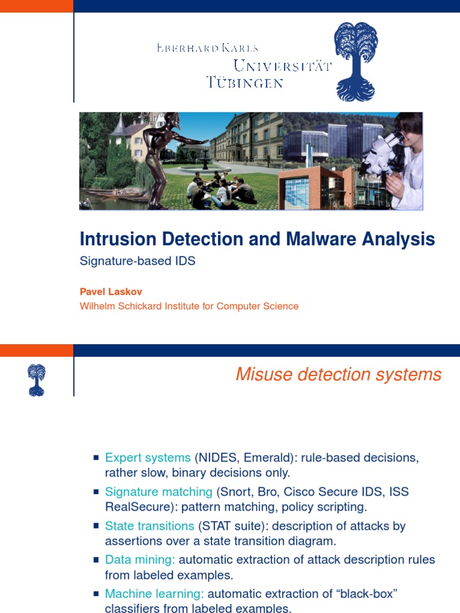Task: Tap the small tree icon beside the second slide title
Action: pyautogui.click(x=36, y=380)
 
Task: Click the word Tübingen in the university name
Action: pyautogui.click(x=244, y=82)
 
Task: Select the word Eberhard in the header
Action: pyautogui.click(x=186, y=48)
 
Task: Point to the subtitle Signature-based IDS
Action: pyautogui.click(x=138, y=262)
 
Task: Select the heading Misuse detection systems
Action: pyautogui.click(x=338, y=375)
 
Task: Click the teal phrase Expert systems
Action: pyautogui.click(x=147, y=458)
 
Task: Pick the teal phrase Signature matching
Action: pyautogui.click(x=159, y=492)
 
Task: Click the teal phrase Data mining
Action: pyautogui.click(x=140, y=560)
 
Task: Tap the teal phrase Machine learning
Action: pyautogui.click(x=155, y=594)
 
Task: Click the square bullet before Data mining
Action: pyautogui.click(x=96, y=560)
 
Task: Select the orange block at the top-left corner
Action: pyautogui.click(x=36, y=6)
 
